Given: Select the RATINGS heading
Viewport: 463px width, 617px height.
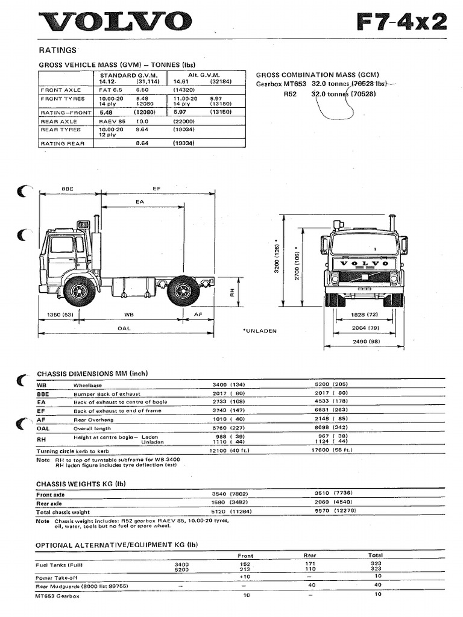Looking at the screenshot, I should (57, 50).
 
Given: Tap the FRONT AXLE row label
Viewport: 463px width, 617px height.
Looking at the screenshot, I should (60, 89).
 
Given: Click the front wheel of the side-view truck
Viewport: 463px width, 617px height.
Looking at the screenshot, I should (79, 292).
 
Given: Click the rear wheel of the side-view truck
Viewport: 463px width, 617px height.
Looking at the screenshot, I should (183, 292).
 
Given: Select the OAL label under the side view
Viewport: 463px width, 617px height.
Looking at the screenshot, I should (124, 328).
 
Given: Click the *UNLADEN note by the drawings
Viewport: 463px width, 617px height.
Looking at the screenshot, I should (259, 331).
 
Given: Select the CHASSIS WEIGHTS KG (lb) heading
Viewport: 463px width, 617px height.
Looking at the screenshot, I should (80, 484).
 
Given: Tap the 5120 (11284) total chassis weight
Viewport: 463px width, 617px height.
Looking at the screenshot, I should (228, 512).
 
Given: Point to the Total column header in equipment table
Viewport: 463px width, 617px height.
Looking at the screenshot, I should (375, 556).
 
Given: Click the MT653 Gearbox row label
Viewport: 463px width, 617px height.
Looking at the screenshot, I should (57, 595).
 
